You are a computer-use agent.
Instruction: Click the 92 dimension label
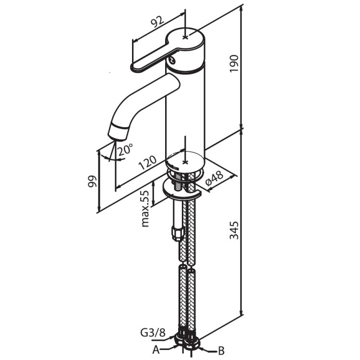[157, 22]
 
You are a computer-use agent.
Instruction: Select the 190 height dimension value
[234, 63]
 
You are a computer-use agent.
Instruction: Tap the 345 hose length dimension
[234, 230]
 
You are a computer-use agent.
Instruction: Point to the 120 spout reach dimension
[147, 162]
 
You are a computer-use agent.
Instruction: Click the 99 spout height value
[92, 181]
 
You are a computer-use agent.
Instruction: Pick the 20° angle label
[125, 149]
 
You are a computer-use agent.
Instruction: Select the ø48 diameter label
[214, 179]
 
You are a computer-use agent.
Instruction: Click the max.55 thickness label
[145, 208]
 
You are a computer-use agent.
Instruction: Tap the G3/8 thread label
[153, 333]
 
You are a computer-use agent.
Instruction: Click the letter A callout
[156, 350]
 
